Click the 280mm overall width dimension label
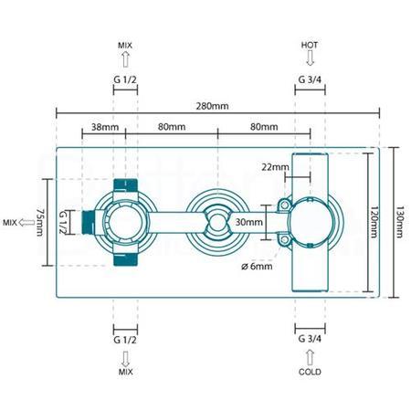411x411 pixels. click(x=212, y=106)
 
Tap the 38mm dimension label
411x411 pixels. click(x=105, y=127)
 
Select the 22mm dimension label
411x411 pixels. click(x=275, y=167)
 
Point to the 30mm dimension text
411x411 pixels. click(x=248, y=222)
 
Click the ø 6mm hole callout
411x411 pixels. click(x=257, y=267)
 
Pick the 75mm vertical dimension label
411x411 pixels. click(x=40, y=222)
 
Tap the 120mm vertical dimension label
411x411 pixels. click(x=374, y=222)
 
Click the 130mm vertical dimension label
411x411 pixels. click(x=399, y=222)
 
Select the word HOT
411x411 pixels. click(x=310, y=46)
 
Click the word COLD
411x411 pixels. click(x=310, y=372)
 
